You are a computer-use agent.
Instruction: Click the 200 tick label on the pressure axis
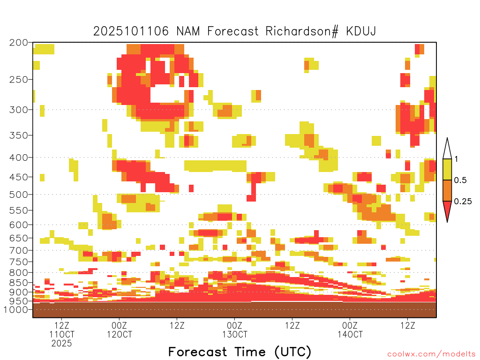coord(18,43)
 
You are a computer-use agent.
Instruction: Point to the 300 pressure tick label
coord(18,110)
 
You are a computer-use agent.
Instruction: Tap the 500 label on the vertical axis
coord(18,195)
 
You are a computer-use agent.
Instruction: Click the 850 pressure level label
coord(18,283)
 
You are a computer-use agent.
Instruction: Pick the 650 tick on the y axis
coord(18,238)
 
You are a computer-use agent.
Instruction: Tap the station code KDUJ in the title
coord(361,31)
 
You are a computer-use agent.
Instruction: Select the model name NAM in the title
coord(188,31)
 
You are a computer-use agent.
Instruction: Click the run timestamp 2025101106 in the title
coord(131,31)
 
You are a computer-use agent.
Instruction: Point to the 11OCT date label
coord(62,334)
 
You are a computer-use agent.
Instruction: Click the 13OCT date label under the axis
coord(235,334)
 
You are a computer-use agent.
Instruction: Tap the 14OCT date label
coord(350,334)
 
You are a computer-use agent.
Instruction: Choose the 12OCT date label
coord(120,334)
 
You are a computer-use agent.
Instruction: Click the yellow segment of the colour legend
coord(447,169)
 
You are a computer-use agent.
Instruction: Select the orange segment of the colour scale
coord(447,190)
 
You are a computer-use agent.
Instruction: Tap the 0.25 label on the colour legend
coord(463,202)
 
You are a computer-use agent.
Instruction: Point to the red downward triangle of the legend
coord(447,210)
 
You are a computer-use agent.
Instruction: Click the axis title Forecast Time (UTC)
coord(240,352)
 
